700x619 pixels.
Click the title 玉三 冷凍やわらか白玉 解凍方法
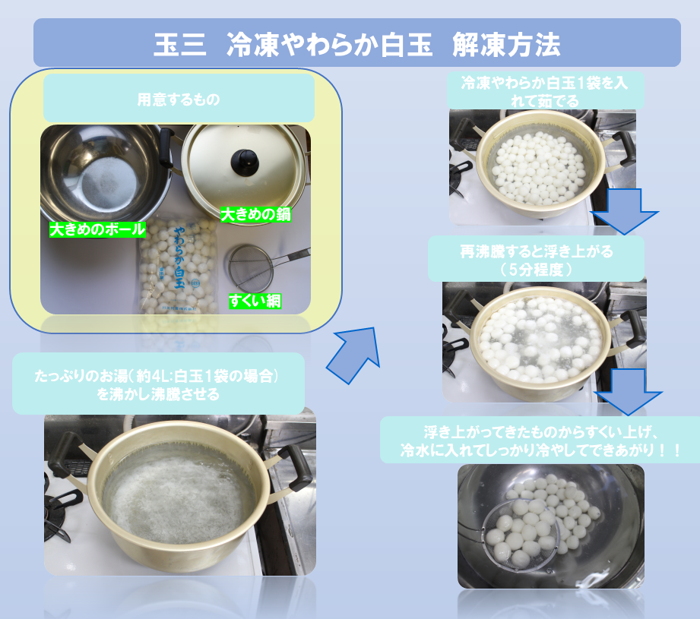coord(356,43)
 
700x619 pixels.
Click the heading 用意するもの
coord(179,99)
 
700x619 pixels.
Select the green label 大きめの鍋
coord(256,216)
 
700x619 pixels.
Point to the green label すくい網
coord(255,302)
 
